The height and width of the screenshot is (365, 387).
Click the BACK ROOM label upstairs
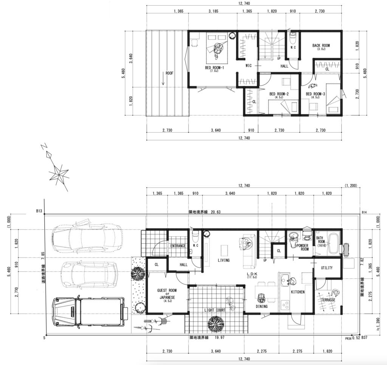click(x=321, y=45)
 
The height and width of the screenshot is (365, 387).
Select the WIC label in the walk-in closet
click(x=249, y=65)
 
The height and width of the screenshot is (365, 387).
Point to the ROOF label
click(x=169, y=73)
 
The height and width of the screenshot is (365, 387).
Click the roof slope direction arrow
click(x=163, y=79)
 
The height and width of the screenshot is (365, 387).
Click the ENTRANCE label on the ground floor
click(x=178, y=246)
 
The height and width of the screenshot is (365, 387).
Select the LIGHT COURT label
click(x=215, y=310)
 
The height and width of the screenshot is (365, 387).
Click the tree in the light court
click(x=216, y=323)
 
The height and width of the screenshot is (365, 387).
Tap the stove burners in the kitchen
click(x=285, y=304)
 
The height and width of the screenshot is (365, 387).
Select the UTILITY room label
click(x=327, y=268)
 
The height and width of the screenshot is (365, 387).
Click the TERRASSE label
click(x=328, y=300)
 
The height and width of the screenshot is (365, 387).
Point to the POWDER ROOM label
click(x=303, y=247)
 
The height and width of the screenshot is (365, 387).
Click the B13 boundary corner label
click(x=39, y=211)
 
